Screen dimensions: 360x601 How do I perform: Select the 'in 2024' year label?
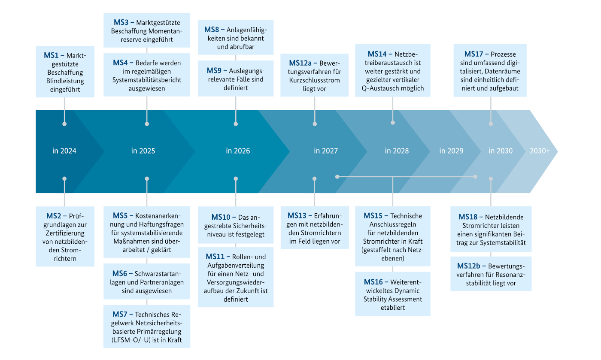coord(64,151)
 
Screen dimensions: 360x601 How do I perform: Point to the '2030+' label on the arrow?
coord(540,151)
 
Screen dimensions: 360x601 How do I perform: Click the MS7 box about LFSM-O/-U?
coord(147,326)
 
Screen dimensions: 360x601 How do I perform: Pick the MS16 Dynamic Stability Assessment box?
coord(393,294)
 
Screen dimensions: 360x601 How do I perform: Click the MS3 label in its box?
coord(122,22)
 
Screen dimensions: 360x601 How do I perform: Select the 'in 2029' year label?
coord(451,151)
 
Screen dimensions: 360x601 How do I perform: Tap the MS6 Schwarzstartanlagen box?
coord(147,281)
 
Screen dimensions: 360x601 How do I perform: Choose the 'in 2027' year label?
coord(326,151)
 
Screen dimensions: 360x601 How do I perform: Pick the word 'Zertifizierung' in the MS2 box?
coord(64,233)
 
